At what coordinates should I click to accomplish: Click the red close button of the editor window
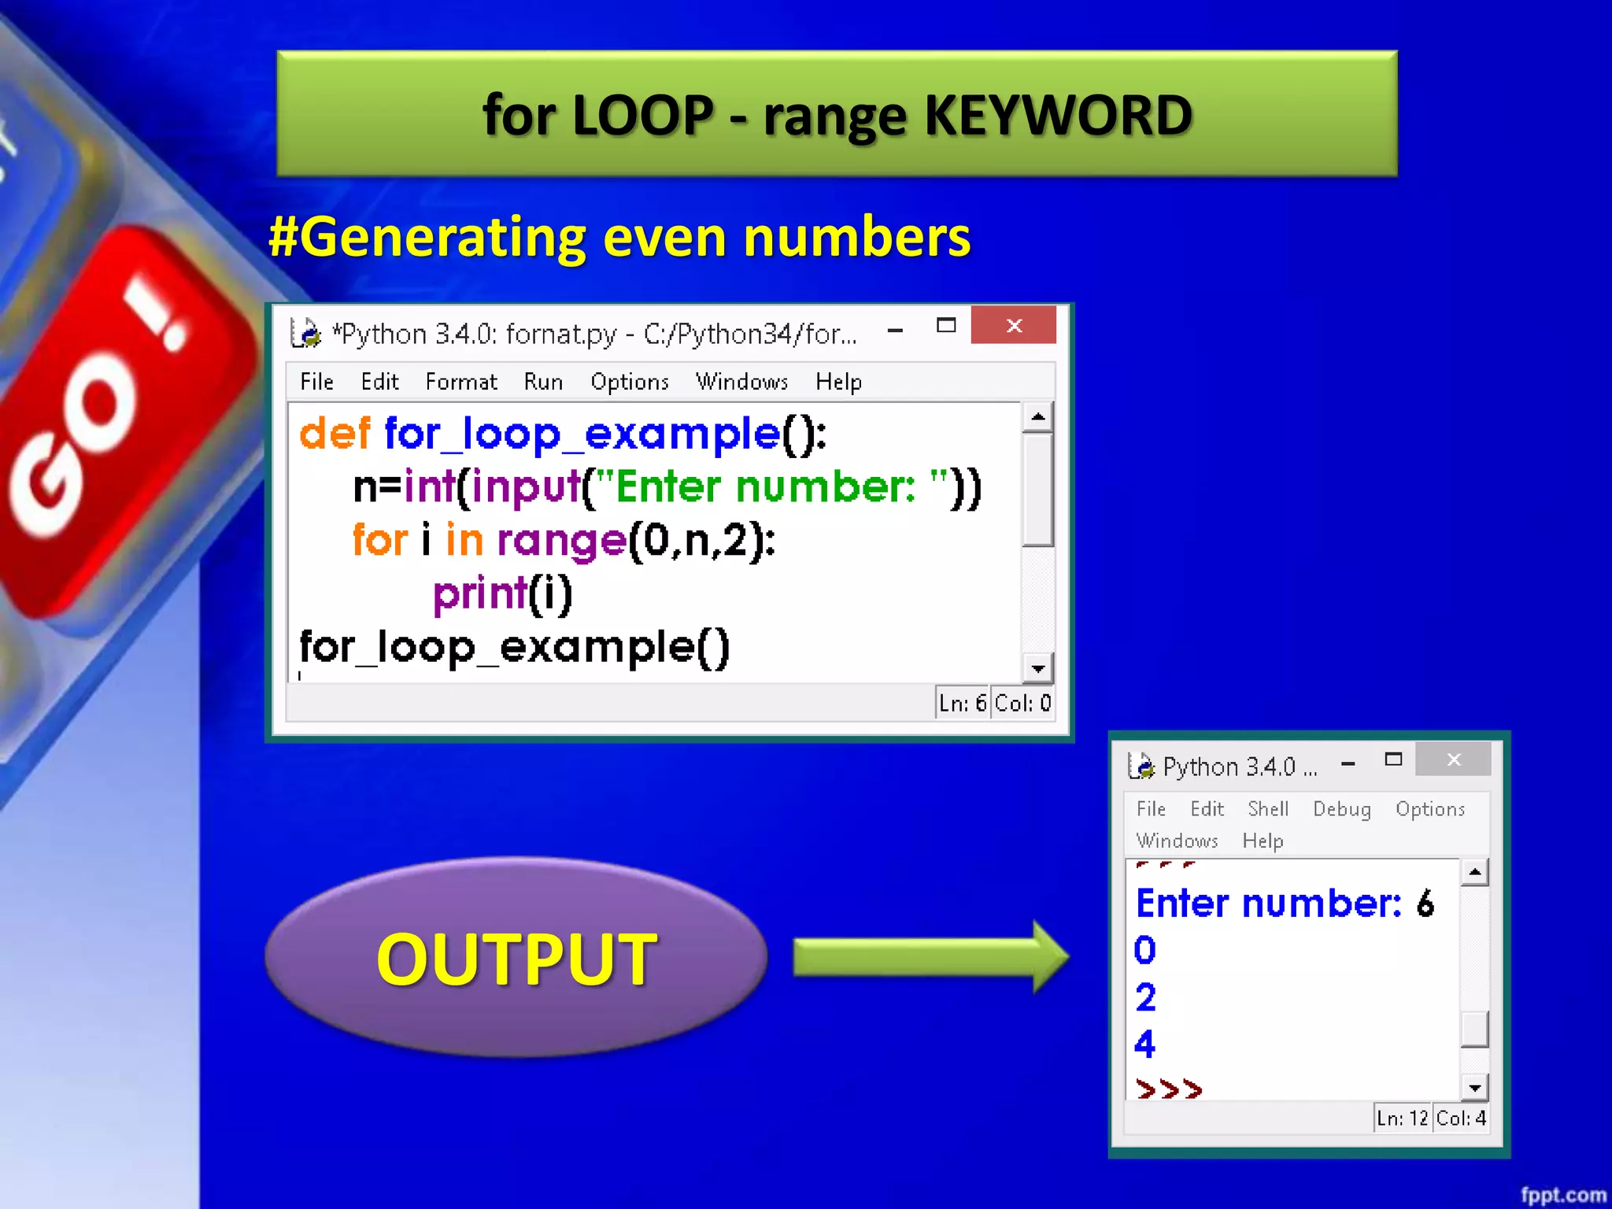click(1013, 326)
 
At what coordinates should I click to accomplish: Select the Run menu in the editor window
click(543, 383)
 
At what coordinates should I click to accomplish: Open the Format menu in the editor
click(461, 383)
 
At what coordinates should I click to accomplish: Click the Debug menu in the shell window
click(1341, 809)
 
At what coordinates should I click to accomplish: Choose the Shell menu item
click(1267, 809)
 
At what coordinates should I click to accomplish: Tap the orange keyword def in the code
click(335, 434)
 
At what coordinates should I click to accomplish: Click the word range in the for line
click(561, 542)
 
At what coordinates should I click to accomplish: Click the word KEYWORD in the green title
click(1058, 116)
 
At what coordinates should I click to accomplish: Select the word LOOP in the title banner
click(643, 116)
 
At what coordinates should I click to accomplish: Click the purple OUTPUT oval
click(516, 958)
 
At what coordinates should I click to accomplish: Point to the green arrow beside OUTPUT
click(929, 957)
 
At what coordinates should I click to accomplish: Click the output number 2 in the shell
click(1145, 998)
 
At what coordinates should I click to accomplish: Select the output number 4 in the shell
click(1144, 1044)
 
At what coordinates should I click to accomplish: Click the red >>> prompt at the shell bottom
click(1169, 1089)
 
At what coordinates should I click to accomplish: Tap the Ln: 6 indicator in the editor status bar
click(962, 703)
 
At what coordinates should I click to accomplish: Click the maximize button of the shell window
click(1393, 760)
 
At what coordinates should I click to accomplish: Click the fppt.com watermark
click(1562, 1195)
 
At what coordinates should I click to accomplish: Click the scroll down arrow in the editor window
click(1038, 669)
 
